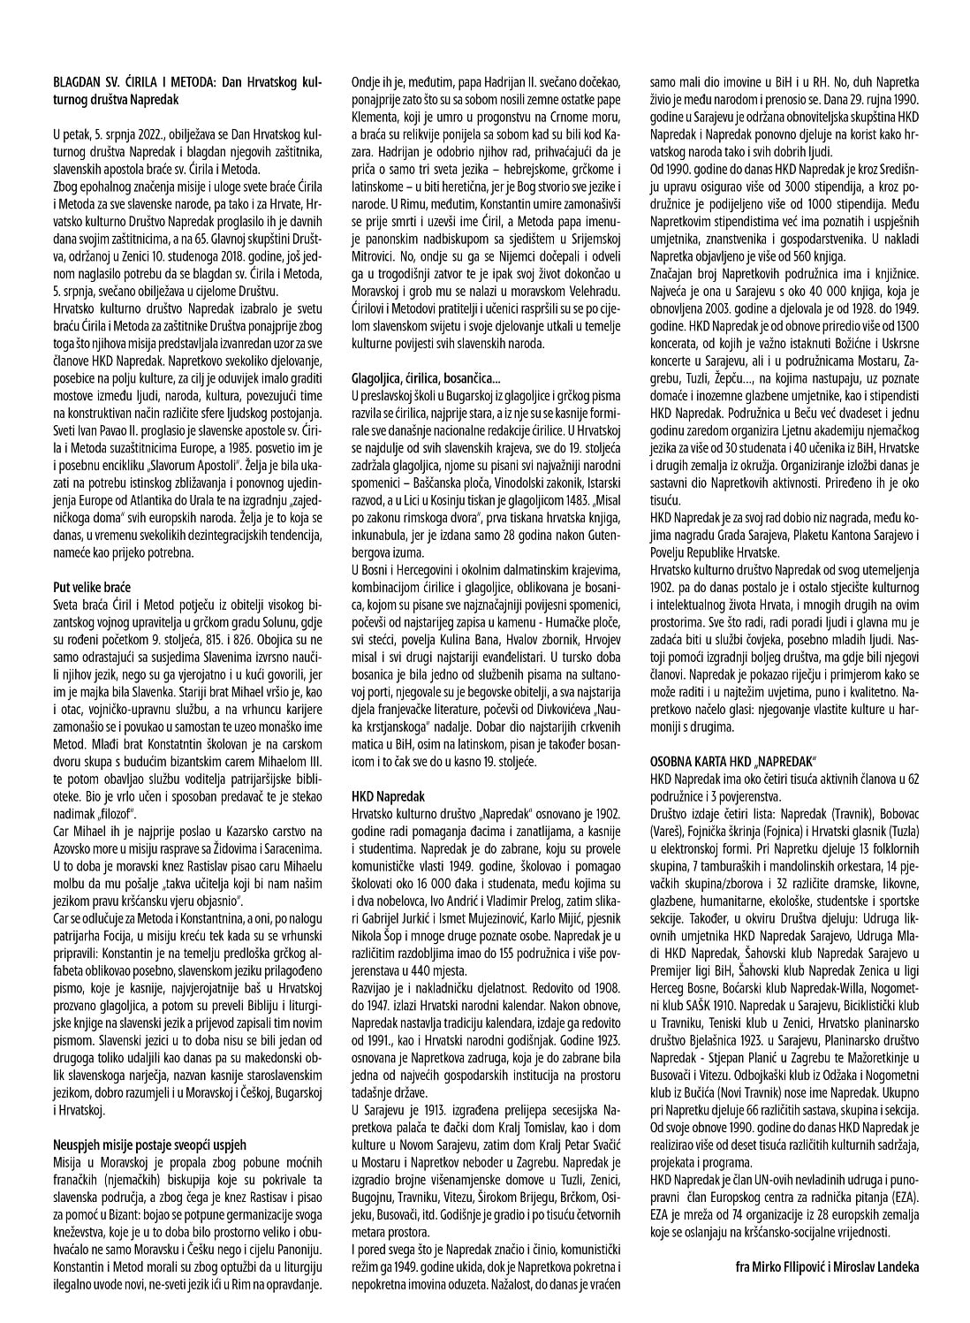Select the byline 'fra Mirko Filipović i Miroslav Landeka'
tap(827, 1266)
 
